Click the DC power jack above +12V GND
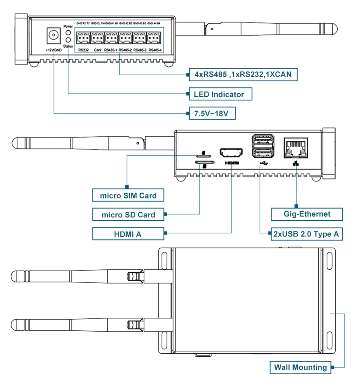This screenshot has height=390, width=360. [54, 36]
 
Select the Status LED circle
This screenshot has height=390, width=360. [68, 40]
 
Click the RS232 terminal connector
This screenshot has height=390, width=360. [84, 38]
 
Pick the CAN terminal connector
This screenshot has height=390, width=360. [97, 38]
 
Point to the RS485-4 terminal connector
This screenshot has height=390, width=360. [155, 38]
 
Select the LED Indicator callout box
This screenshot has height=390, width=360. [220, 94]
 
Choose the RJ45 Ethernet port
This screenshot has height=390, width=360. [296, 148]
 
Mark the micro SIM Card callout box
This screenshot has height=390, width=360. [128, 195]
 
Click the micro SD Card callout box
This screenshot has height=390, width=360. [128, 215]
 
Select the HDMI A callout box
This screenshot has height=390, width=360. [128, 235]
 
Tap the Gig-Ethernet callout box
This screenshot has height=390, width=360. [307, 214]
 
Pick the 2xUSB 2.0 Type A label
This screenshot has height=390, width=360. [306, 234]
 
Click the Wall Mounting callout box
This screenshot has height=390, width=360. [300, 367]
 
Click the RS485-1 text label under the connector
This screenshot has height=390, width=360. [111, 50]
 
